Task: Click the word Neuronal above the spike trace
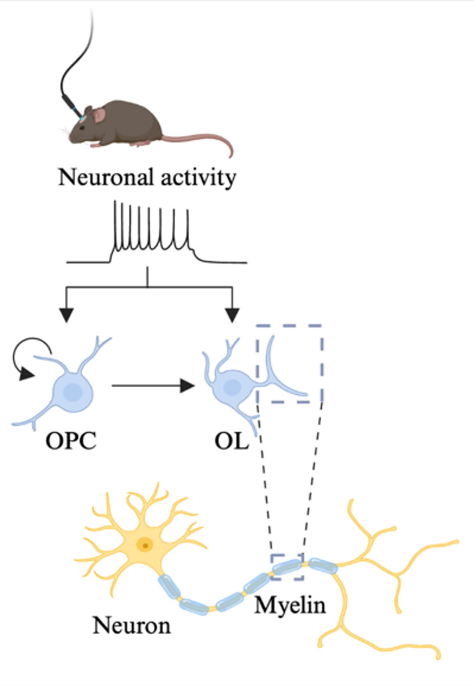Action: coord(101,177)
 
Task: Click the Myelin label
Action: coord(290,604)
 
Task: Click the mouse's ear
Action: coord(99,115)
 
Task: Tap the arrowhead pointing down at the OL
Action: coord(233,314)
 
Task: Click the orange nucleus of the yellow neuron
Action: coord(147,544)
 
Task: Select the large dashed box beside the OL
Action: coord(289,364)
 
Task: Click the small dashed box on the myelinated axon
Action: coord(287,567)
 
